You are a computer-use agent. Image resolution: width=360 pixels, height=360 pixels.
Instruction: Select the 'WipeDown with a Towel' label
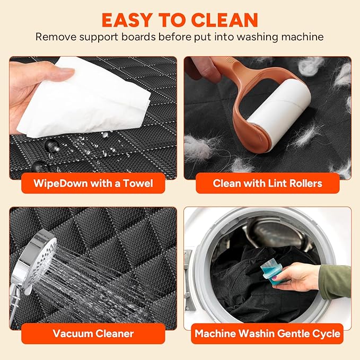(93, 183)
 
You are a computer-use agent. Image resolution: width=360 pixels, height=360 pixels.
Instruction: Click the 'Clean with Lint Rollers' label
(267, 183)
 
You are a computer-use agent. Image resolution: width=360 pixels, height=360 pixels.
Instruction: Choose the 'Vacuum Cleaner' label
(93, 334)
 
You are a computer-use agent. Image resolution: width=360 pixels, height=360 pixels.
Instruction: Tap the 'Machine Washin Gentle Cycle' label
(267, 334)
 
